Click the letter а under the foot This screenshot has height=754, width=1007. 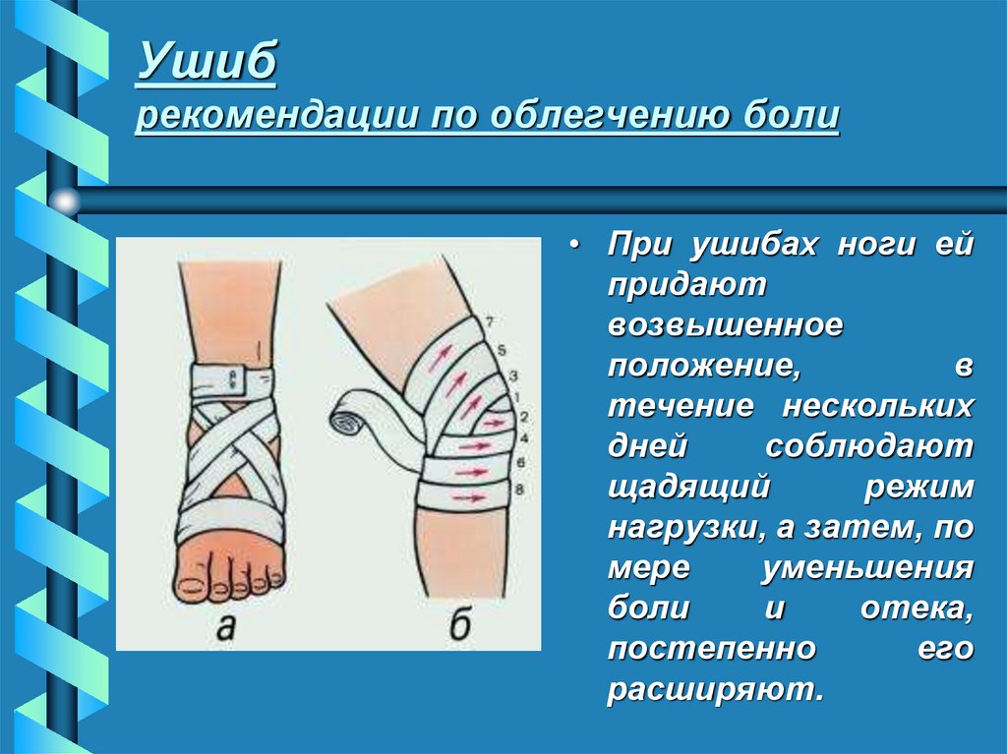pos(226,627)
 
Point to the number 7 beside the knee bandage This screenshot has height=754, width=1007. pos(488,319)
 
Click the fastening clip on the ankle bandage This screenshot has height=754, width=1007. pos(235,375)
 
